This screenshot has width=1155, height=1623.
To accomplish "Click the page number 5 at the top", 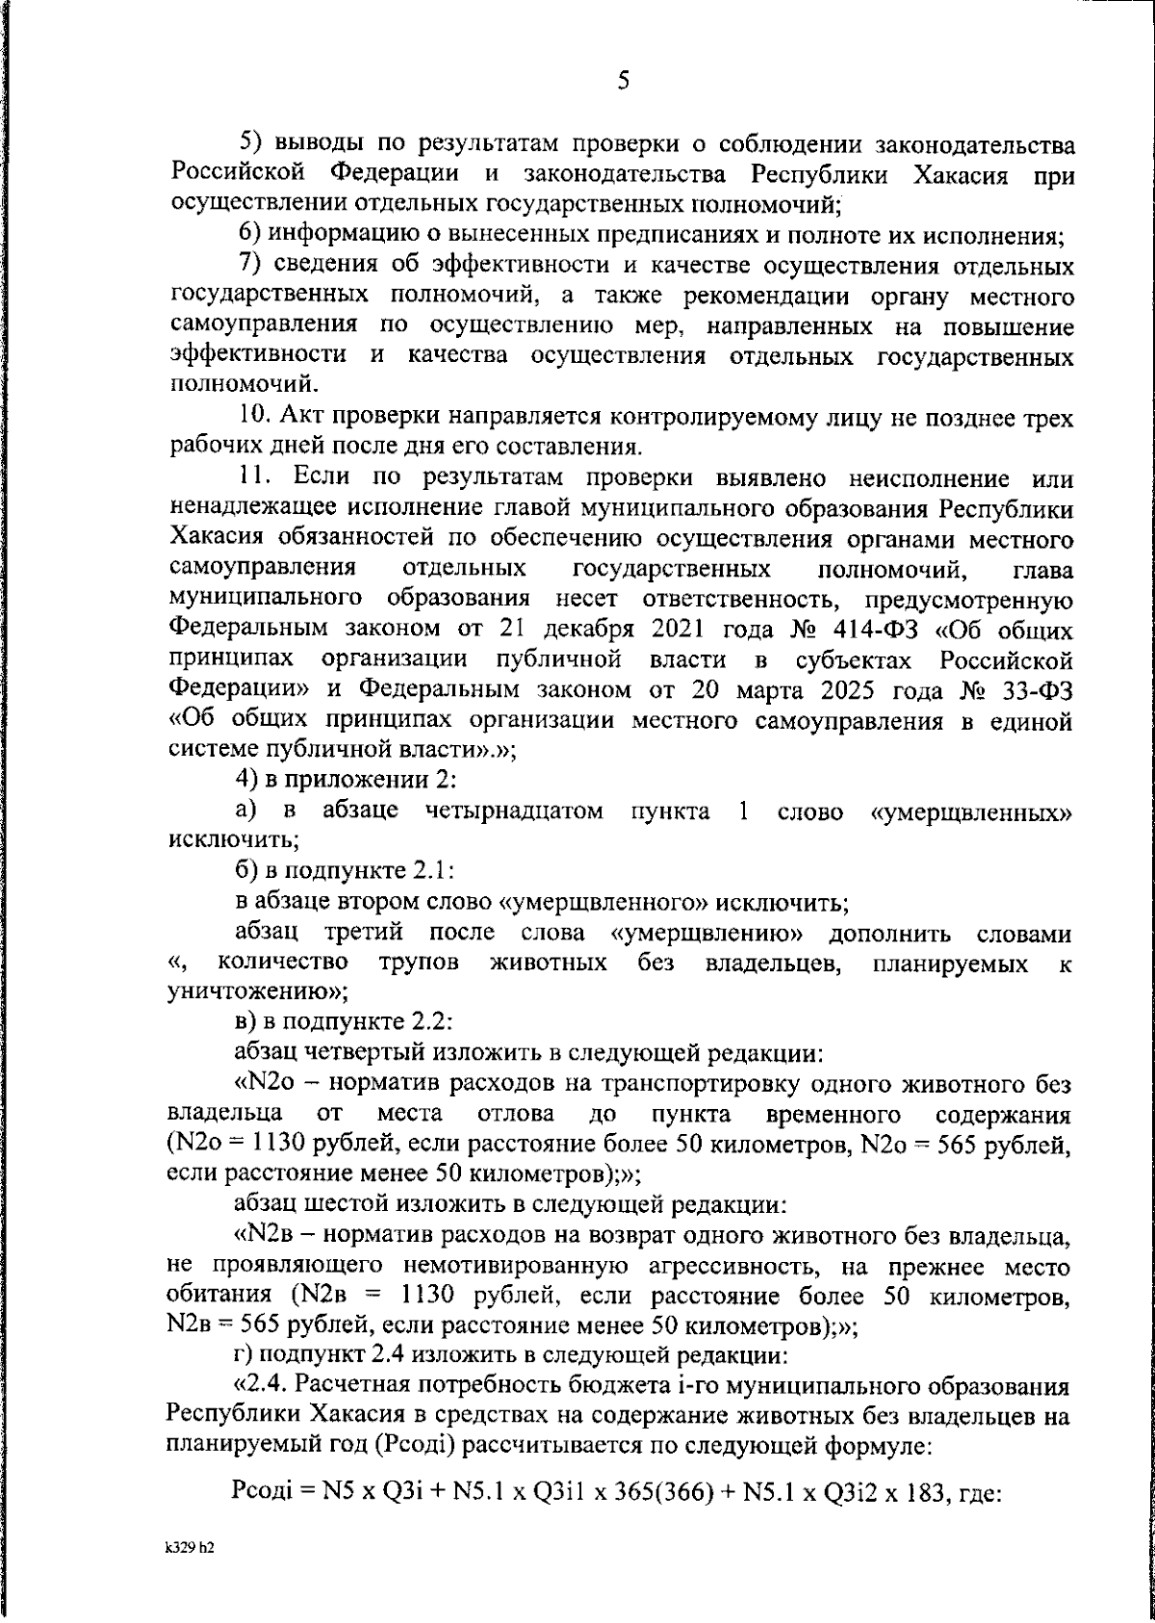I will (623, 81).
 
